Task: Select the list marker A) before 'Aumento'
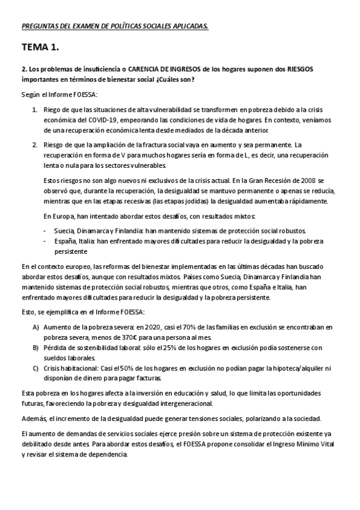coord(35,327)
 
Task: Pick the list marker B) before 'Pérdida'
coord(35,348)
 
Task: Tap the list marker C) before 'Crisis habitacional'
coord(35,368)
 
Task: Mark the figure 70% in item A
coord(181,327)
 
